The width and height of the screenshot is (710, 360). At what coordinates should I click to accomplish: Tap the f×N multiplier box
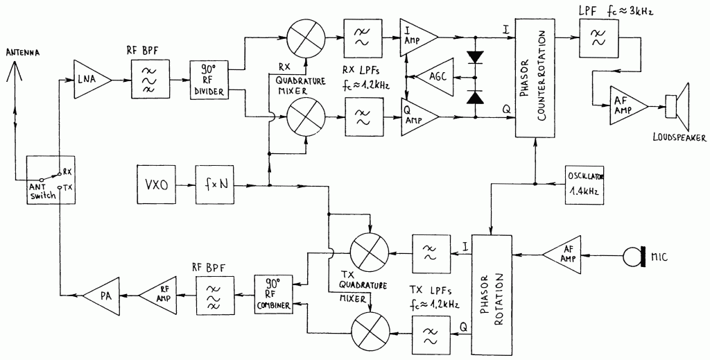215,185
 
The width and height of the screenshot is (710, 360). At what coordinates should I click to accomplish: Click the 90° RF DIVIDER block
211,80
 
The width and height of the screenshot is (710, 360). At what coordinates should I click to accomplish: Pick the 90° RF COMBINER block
273,294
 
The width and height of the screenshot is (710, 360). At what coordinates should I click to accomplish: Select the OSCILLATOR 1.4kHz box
585,185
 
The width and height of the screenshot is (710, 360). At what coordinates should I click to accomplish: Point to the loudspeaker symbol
678,107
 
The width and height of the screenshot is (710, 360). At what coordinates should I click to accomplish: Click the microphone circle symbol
633,257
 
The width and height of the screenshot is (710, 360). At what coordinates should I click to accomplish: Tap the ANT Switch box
50,180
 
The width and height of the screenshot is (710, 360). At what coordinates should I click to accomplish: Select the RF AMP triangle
159,295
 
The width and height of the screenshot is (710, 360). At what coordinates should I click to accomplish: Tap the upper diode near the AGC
475,57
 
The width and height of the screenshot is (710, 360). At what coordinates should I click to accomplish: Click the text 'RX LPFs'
364,71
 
